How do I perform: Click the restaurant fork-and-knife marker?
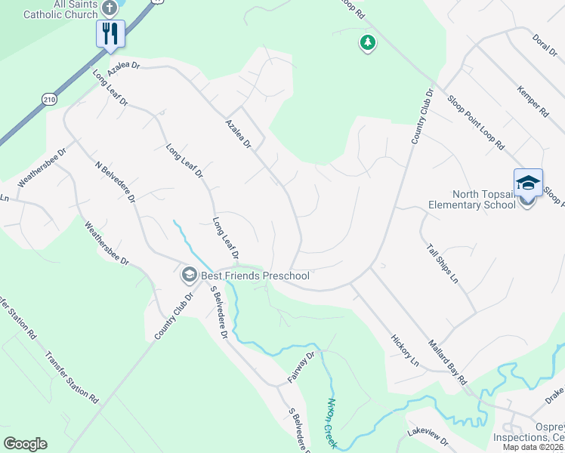point(110,33)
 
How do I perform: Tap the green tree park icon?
point(367,42)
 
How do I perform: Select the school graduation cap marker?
point(528,183)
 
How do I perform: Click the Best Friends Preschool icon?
point(188,276)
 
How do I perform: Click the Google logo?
point(25,444)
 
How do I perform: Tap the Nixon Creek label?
point(330,423)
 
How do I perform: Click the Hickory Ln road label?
point(405,350)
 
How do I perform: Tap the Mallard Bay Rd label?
point(449,364)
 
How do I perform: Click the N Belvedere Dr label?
point(115,181)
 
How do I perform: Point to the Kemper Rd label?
point(533,102)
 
